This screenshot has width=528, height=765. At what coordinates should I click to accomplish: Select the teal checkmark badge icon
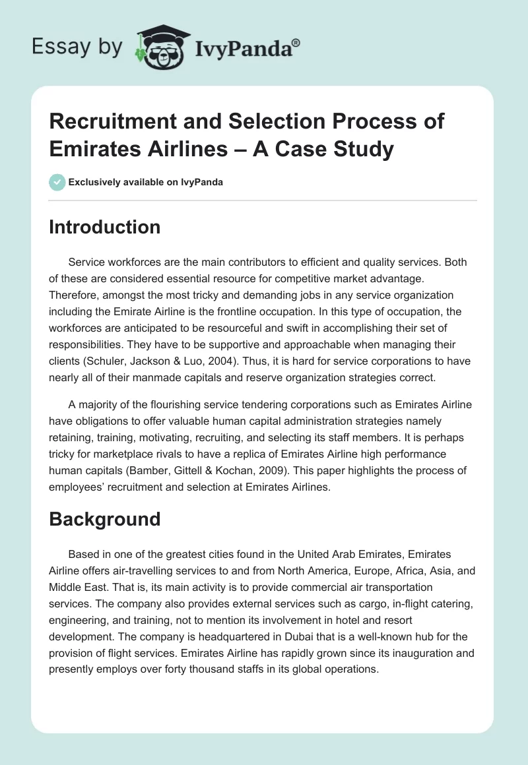point(57,182)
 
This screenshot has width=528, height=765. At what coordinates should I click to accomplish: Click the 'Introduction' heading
point(105,227)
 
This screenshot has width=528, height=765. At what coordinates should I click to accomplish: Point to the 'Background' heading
point(105,518)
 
